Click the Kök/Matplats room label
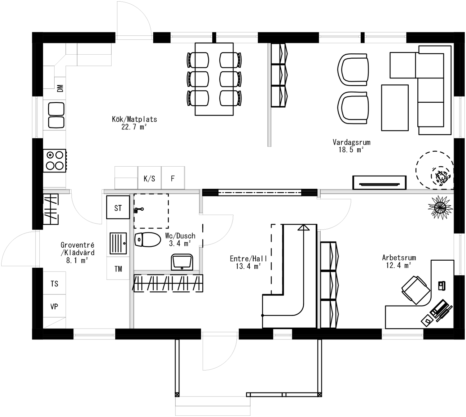coord(134,119)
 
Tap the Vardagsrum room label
coord(351,142)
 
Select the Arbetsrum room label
coord(399,258)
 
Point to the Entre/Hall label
coord(248,259)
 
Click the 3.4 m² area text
coord(180,244)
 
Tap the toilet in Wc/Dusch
coord(148,240)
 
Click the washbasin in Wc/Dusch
coord(182,262)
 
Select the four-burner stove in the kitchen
coord(55,160)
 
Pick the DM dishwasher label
coord(60,88)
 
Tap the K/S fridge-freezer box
coord(149,178)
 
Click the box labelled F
coord(173,178)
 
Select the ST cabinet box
coord(118,208)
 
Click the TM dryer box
coord(118,269)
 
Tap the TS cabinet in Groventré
coord(55,283)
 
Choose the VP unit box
coord(55,306)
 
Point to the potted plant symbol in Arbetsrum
coord(439,207)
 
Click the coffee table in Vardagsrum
coord(395,108)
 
